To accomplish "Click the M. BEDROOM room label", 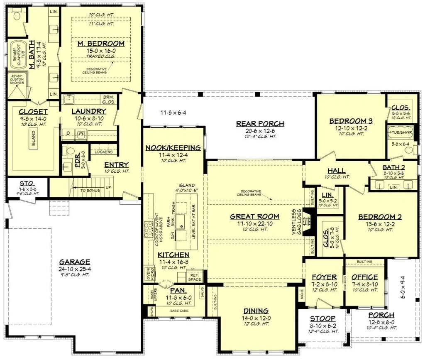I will pyautogui.click(x=101, y=43).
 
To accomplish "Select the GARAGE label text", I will pyautogui.click(x=74, y=262).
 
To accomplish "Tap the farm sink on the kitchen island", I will pyautogui.click(x=181, y=222).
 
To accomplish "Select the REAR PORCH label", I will pyautogui.click(x=260, y=123).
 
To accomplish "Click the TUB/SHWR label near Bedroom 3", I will pyautogui.click(x=401, y=133).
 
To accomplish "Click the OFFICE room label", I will pyautogui.click(x=364, y=277).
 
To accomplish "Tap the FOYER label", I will pyautogui.click(x=321, y=277).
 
